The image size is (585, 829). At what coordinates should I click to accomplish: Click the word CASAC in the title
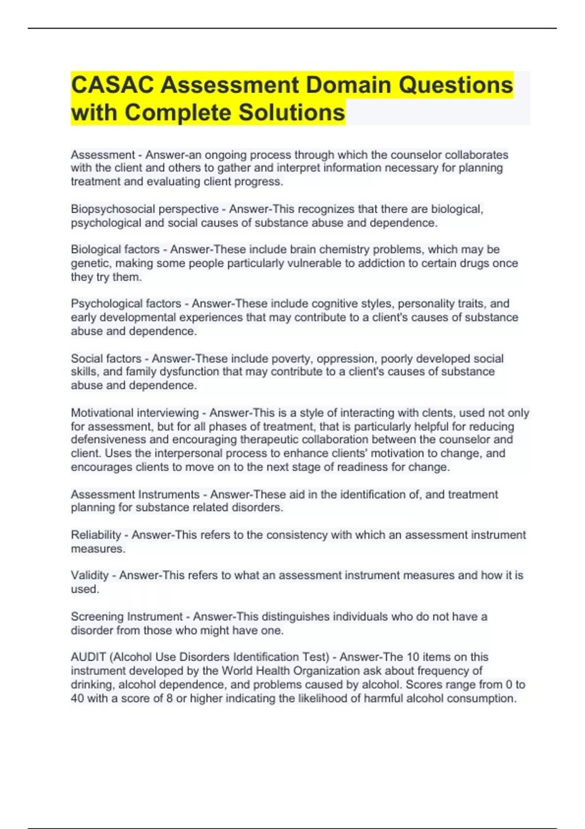(x=112, y=85)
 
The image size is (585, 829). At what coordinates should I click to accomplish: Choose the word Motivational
(x=103, y=413)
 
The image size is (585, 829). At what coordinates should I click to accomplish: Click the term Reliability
(x=96, y=535)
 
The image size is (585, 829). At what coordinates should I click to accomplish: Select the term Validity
(x=90, y=575)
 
